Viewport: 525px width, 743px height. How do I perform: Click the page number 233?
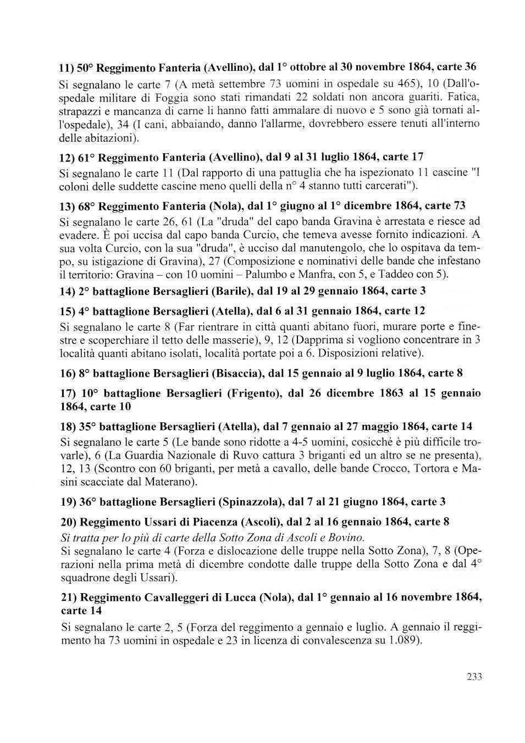click(x=474, y=677)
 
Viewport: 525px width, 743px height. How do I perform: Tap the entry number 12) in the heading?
click(x=68, y=159)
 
